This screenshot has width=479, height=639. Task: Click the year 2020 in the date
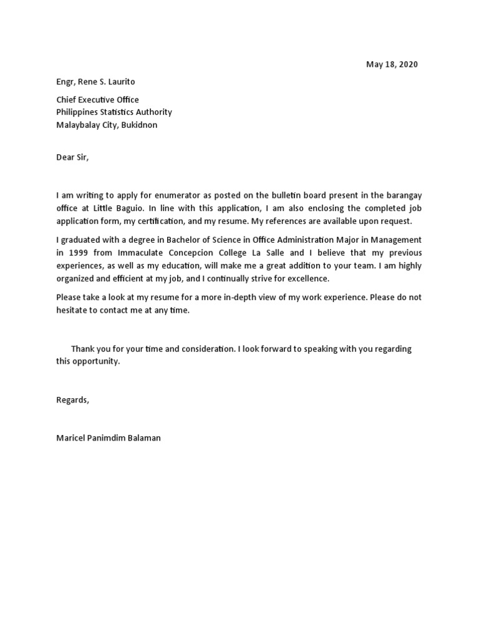pos(408,64)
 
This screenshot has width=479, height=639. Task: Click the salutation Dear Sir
pos(72,157)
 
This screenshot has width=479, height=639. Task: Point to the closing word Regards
pos(72,400)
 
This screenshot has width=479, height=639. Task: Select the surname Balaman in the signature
pos(143,438)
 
